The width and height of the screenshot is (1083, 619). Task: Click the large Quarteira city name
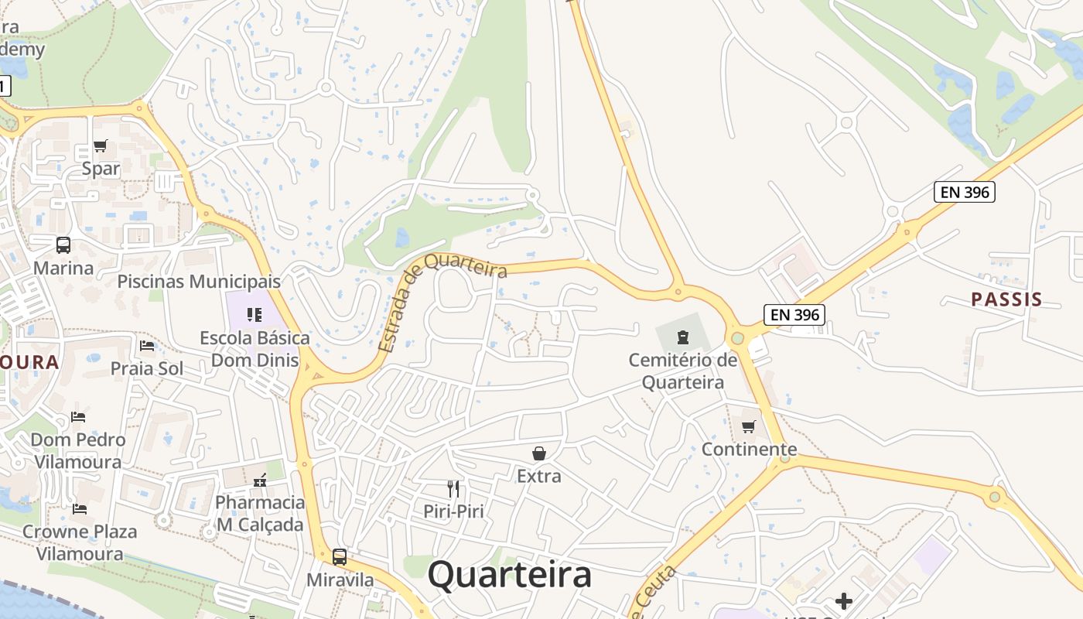(x=510, y=575)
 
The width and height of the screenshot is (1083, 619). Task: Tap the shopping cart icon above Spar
(x=100, y=145)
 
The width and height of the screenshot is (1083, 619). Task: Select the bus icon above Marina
(x=63, y=245)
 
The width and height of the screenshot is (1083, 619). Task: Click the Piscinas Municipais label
(x=199, y=281)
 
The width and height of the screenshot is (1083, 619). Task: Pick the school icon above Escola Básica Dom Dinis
(x=255, y=314)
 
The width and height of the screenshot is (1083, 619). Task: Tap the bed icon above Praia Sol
(x=147, y=346)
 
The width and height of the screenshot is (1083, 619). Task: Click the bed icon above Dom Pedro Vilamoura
(x=78, y=417)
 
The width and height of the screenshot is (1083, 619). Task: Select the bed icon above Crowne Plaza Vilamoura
(x=79, y=509)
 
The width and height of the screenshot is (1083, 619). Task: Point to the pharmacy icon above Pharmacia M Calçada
(x=259, y=480)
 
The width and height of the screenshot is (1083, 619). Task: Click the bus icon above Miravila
(x=340, y=556)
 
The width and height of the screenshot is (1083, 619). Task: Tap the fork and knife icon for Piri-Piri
(x=453, y=488)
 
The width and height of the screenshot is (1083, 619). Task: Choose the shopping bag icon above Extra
(x=539, y=453)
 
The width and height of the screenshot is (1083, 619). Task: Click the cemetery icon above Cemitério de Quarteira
(x=683, y=337)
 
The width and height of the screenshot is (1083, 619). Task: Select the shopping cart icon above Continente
(x=748, y=426)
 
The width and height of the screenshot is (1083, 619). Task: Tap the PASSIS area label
(x=1006, y=299)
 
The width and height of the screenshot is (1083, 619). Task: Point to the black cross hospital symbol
(x=844, y=600)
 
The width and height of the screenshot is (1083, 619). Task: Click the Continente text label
(x=749, y=450)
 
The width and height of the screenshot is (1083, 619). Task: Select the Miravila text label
(x=340, y=580)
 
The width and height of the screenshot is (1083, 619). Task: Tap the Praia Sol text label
(x=147, y=368)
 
